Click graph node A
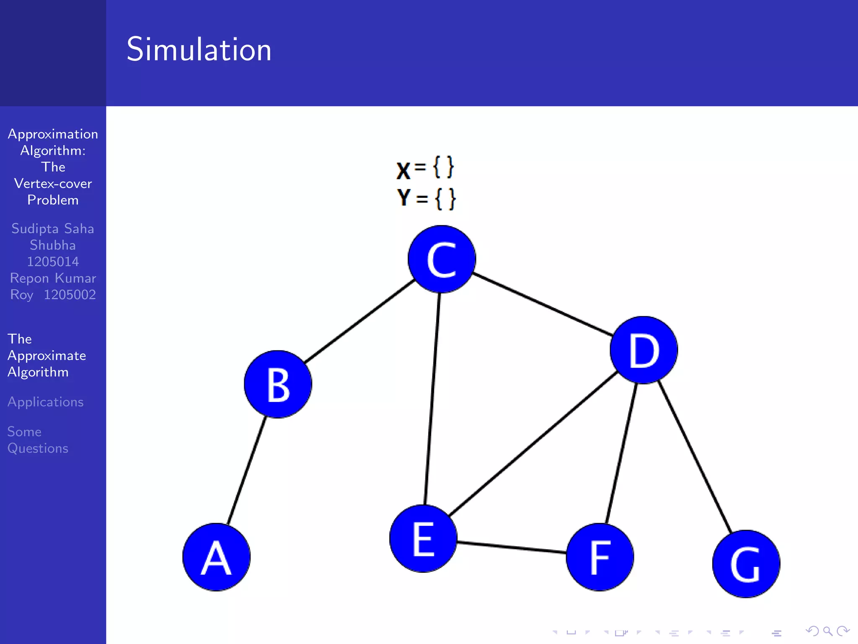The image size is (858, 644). click(217, 557)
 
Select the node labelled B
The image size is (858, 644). click(278, 384)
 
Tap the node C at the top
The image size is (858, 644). click(442, 259)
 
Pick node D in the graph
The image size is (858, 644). click(643, 350)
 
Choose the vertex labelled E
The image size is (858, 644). click(423, 538)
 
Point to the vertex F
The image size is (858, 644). click(600, 557)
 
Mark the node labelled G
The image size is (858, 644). click(746, 564)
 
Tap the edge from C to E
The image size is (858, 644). click(432, 398)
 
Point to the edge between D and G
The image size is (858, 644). click(695, 457)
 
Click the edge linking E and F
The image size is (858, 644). click(511, 548)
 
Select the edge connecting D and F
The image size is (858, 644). click(622, 453)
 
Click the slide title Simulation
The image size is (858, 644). click(199, 49)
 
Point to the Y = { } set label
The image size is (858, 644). click(426, 198)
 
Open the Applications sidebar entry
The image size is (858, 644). click(46, 402)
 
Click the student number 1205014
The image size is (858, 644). click(53, 262)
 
